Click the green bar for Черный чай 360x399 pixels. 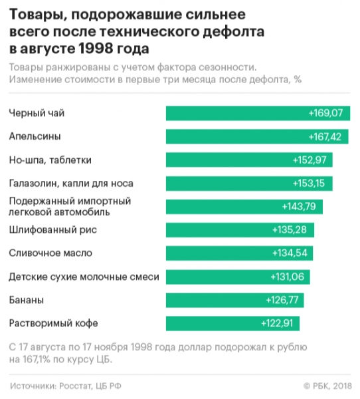pos(258,114)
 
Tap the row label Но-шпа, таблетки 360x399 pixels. pos(50,160)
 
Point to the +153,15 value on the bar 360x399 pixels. pos(310,184)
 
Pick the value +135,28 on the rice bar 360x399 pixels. pos(290,230)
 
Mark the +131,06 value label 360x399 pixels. pos(287,277)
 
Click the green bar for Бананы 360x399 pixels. pos(233,300)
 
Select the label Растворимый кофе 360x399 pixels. pos(53,323)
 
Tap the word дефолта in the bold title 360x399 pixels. pos(230,32)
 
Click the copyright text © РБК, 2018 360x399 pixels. pos(327,385)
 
